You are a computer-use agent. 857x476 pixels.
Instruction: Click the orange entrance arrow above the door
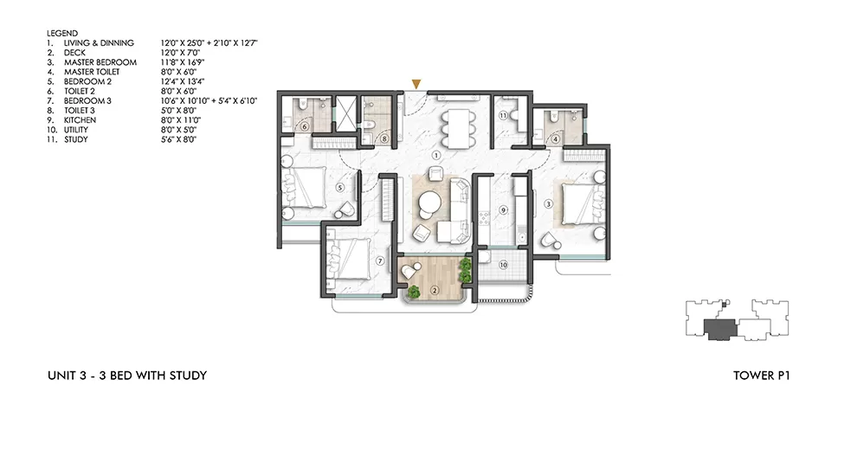(x=416, y=84)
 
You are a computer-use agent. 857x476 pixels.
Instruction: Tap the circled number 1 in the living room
(x=437, y=155)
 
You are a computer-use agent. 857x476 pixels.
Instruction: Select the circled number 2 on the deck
(x=435, y=289)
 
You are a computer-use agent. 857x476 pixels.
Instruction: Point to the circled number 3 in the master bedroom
(x=548, y=204)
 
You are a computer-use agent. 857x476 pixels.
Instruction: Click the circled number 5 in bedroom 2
(x=340, y=186)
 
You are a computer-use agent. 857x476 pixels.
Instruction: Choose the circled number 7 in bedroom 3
(x=378, y=261)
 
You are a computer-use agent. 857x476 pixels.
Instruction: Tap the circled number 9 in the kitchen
(x=502, y=209)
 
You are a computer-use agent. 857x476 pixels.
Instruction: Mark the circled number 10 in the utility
(x=503, y=266)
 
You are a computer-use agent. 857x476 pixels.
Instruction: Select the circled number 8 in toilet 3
(x=384, y=138)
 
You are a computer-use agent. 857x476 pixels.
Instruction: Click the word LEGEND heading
(x=62, y=33)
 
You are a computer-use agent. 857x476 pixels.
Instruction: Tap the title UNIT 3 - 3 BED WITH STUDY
(x=127, y=376)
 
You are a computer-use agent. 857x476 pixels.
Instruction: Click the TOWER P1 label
(x=762, y=376)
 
